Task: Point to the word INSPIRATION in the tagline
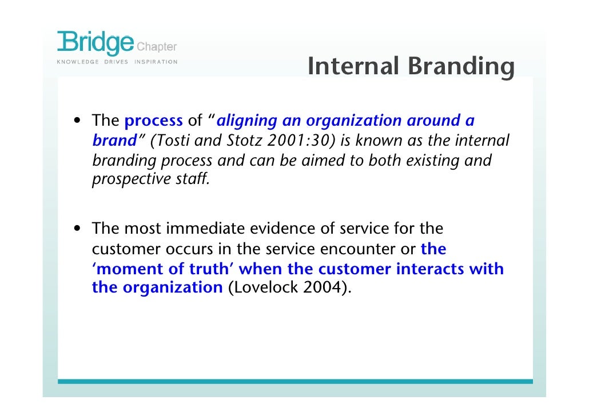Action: coord(156,62)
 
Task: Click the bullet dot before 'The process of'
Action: coord(76,122)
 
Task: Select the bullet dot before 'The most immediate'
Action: coord(76,230)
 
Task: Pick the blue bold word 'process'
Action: coord(153,121)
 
